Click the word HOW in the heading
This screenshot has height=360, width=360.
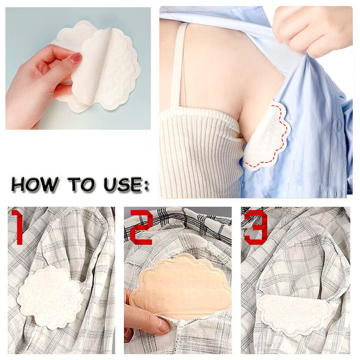pos(35,184)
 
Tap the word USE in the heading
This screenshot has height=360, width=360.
pos(122,184)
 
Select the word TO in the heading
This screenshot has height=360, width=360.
pos(81,184)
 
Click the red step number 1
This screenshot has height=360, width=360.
pos(17,227)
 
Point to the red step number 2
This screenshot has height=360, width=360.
pos(142,227)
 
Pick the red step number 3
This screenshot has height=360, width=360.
pos(256,227)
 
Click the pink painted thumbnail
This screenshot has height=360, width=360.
pos(76,58)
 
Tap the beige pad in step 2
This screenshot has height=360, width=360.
pos(181,287)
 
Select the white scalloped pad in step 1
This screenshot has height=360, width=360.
pos(50,298)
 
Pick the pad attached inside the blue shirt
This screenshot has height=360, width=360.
pos(266,138)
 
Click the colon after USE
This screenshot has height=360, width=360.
pos(146,185)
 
